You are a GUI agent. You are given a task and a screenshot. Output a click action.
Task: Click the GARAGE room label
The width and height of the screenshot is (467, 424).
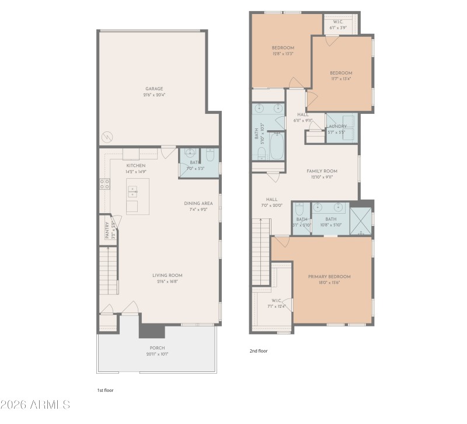coord(154,89)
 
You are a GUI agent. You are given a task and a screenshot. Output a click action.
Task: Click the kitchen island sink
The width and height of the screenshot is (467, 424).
coord(133,191)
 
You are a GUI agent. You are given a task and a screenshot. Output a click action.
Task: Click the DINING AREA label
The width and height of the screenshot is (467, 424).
coord(198,203)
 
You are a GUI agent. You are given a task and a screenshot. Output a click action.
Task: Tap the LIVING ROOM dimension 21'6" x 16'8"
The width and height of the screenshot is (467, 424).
coord(168,281)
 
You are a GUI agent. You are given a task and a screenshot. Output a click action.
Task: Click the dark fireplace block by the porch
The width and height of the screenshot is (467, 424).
coord(152,331)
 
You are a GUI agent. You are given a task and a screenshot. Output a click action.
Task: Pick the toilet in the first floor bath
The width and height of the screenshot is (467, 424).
coord(211,154)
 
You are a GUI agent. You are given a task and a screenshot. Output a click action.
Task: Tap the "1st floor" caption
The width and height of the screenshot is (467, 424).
coord(104,390)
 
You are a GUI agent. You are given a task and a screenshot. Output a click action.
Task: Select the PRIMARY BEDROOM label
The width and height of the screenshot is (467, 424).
coord(329,276)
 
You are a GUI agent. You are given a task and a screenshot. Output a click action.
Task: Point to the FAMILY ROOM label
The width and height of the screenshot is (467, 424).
coord(322,171)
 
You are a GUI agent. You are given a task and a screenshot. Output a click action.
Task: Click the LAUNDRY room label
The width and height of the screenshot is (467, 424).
coord(337,126)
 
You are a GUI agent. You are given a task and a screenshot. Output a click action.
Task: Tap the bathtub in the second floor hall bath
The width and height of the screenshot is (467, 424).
coord(276,147)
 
